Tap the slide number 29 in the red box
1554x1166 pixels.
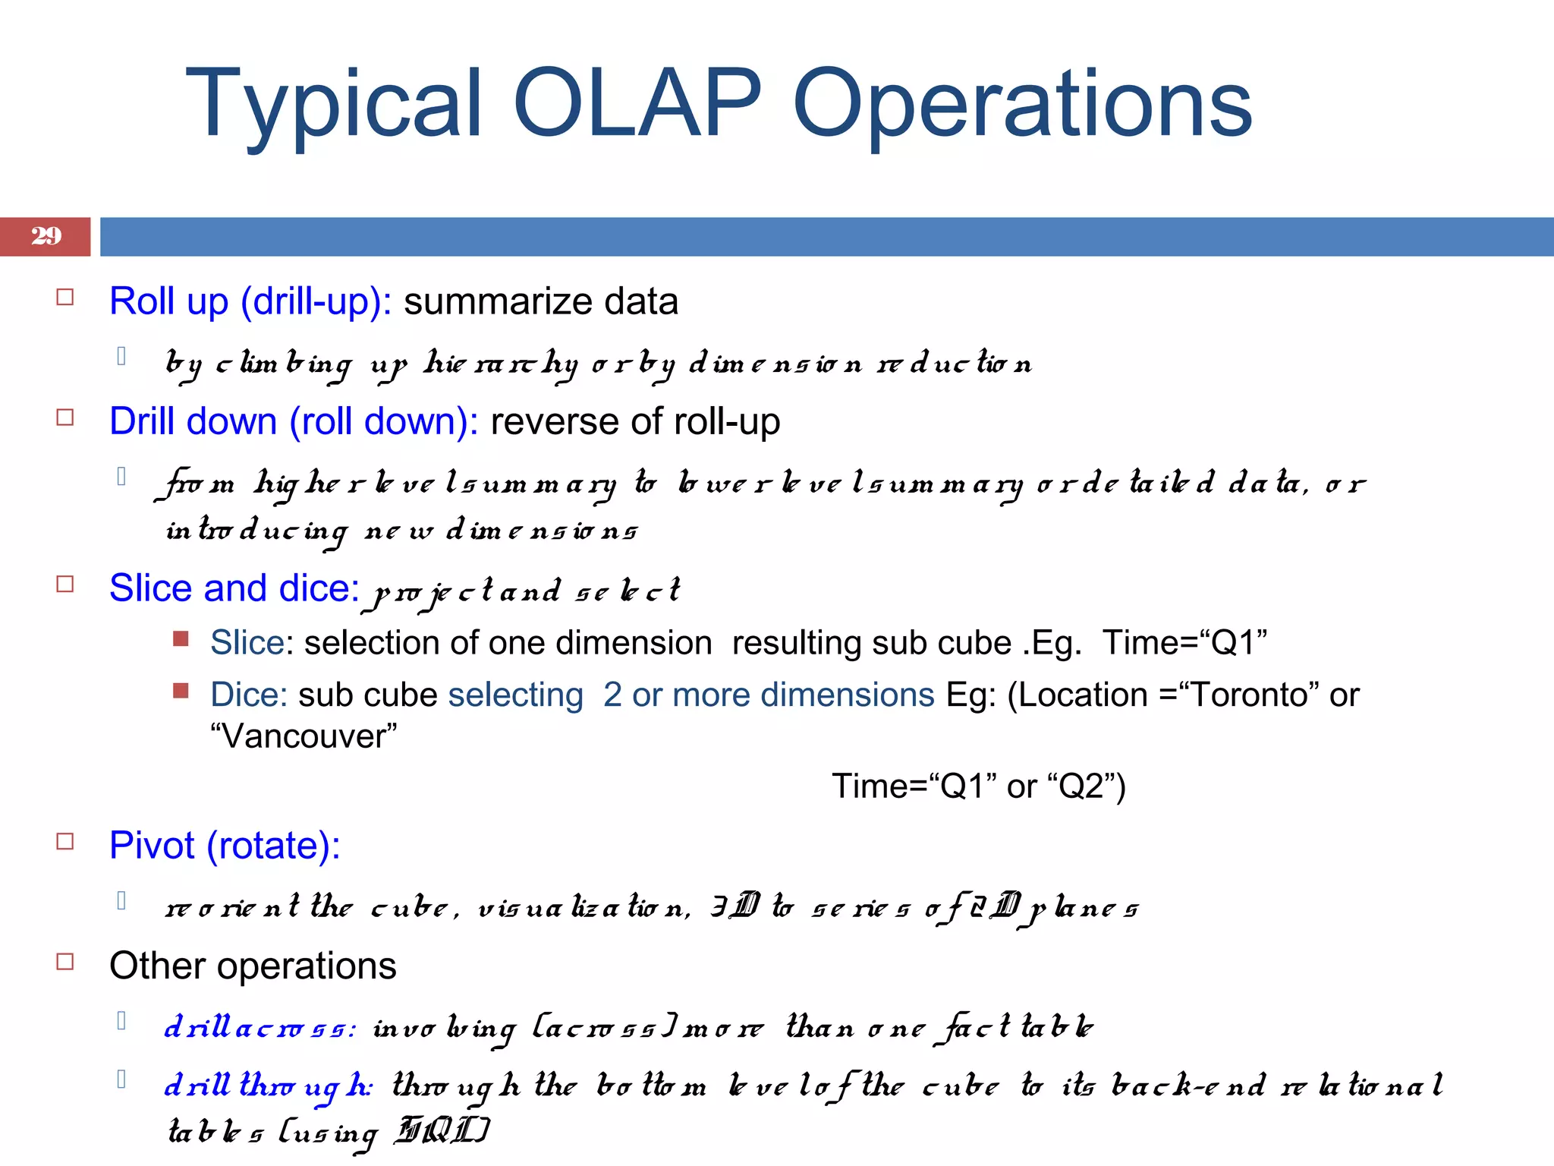(46, 236)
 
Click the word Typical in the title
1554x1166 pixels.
(334, 105)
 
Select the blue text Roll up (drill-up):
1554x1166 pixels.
(250, 301)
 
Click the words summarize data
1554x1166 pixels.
(540, 301)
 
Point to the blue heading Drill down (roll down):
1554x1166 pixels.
(294, 421)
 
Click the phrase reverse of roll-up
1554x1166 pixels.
(635, 421)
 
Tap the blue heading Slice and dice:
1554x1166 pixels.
(234, 588)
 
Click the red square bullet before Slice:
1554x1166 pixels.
(181, 638)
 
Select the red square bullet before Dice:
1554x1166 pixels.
(181, 690)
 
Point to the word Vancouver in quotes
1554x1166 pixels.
(304, 736)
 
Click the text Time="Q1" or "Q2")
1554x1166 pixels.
(978, 786)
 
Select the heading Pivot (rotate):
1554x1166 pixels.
(225, 846)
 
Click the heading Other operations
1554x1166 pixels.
(253, 966)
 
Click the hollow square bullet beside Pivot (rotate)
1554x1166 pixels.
(65, 841)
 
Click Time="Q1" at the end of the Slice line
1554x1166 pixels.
(1184, 643)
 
